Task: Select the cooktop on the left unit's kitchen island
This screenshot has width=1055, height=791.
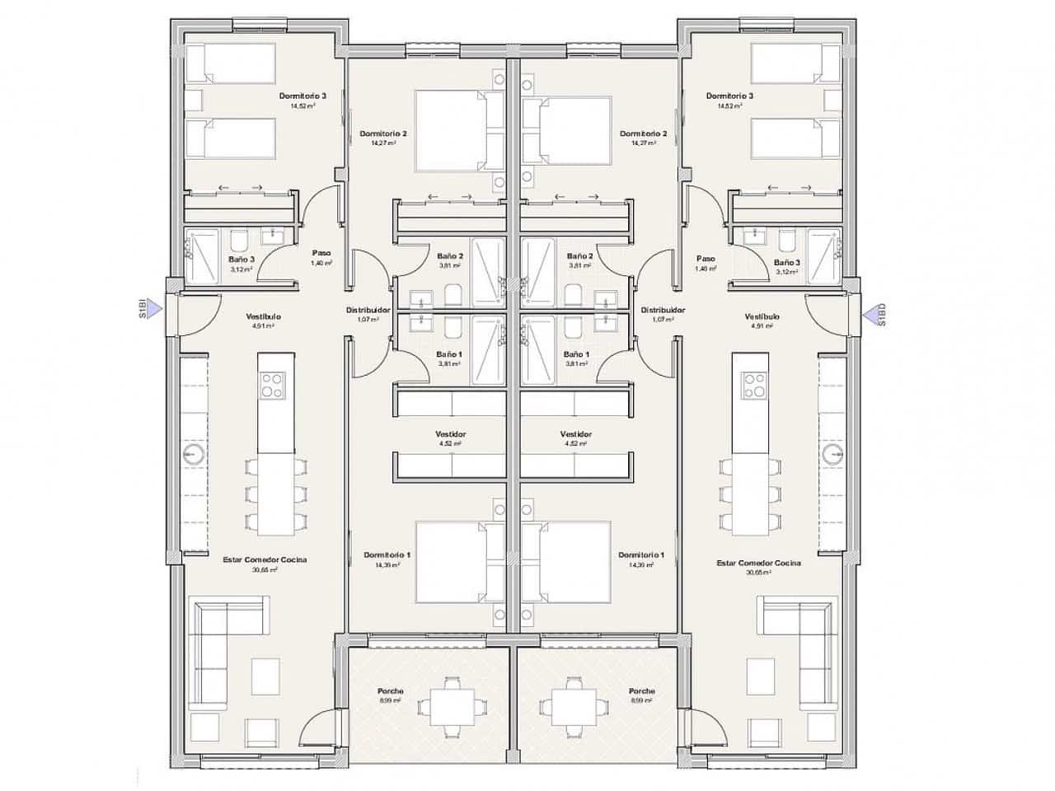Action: click(273, 384)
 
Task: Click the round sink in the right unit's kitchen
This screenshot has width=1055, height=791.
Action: click(831, 454)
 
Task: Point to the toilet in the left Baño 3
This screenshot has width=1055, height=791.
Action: click(239, 241)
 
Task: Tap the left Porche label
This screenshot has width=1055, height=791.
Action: click(391, 691)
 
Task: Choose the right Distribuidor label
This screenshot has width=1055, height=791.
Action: click(663, 311)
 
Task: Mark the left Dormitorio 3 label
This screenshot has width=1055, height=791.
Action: click(302, 96)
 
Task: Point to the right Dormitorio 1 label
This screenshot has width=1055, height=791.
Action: click(641, 555)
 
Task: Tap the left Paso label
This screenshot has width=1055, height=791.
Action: click(321, 254)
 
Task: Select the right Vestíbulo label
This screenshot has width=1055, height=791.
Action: click(762, 316)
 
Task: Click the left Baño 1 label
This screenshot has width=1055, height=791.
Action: click(449, 354)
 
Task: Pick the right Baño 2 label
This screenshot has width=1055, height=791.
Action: click(580, 256)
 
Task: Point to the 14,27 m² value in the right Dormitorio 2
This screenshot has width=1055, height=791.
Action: click(643, 143)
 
